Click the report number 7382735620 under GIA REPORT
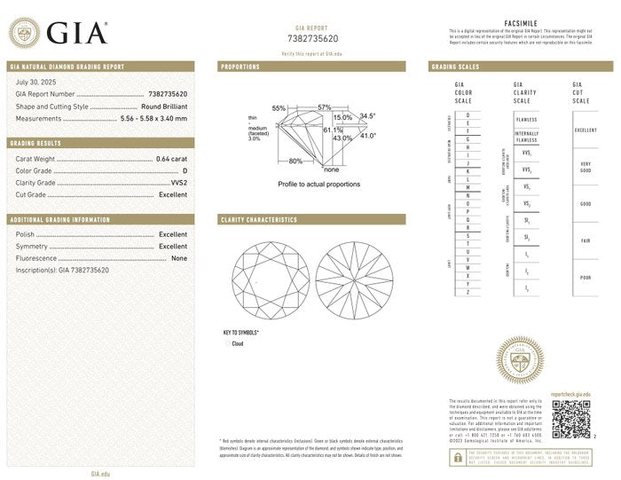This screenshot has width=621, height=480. coord(313,39)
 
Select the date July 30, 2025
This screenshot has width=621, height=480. coord(35,82)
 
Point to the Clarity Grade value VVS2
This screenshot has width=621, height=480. coord(178,182)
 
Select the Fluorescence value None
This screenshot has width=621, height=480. coord(179,258)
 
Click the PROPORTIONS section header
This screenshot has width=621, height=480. coord(240,67)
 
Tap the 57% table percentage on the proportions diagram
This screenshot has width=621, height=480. coord(325,107)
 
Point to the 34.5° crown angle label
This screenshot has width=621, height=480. coord(368,116)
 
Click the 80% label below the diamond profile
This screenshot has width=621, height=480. coord(295,161)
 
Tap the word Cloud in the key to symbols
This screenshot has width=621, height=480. coord(238,343)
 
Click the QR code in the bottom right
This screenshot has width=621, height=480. coord(571,419)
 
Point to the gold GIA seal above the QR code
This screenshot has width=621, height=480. coord(520,361)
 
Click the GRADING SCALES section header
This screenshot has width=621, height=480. coord(456,67)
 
